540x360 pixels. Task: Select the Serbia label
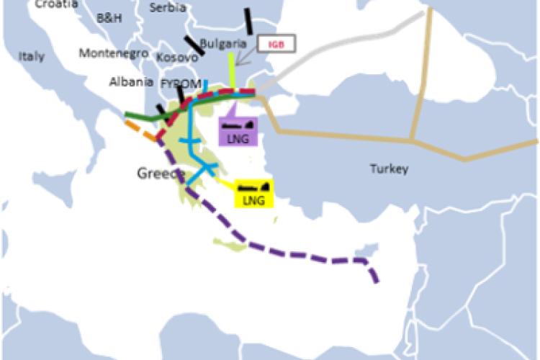coord(167,8)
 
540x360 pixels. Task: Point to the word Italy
coord(32,56)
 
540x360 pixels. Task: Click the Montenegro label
coord(114,53)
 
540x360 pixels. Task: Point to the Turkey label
coord(389,169)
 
